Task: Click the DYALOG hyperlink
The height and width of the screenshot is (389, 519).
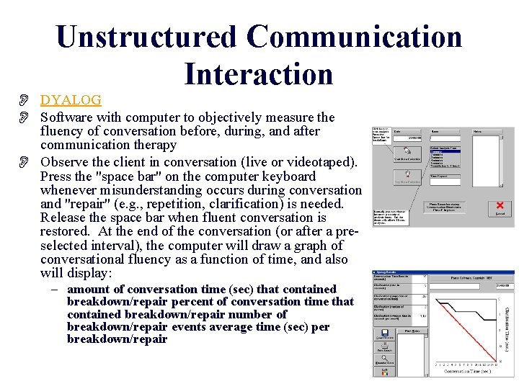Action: (x=71, y=100)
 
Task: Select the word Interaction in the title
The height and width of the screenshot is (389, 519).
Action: (x=258, y=73)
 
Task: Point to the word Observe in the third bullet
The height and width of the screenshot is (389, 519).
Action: (x=64, y=162)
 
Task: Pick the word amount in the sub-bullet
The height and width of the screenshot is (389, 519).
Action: (x=88, y=289)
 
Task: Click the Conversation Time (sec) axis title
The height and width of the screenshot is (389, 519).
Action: (x=466, y=370)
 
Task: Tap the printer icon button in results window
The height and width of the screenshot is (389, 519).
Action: (x=384, y=345)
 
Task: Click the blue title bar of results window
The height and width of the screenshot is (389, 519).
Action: (x=443, y=273)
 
